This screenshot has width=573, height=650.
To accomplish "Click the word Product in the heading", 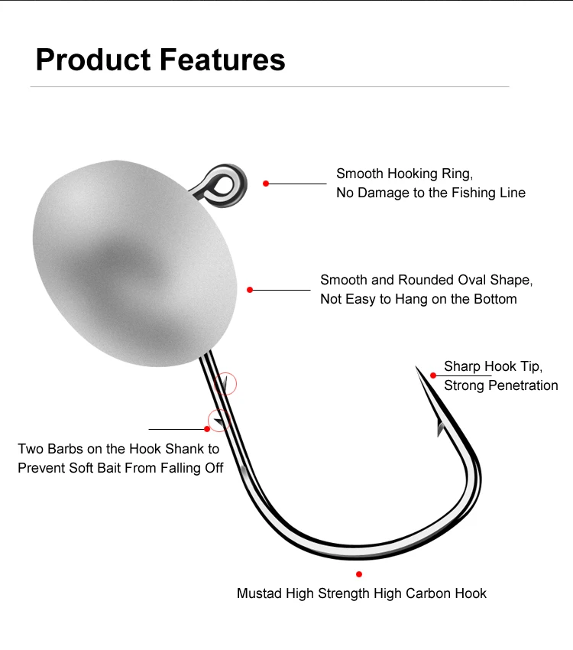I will point(92,60).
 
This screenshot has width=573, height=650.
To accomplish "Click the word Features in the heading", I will point(222,60).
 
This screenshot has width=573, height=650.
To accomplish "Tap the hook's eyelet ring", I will point(223,181).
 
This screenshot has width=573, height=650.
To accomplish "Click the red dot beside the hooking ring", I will point(266,184).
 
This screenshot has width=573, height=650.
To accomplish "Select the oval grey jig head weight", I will point(136,260).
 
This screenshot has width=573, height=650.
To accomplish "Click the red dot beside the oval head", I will point(250,290).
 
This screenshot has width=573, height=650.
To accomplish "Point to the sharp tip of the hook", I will point(418,370).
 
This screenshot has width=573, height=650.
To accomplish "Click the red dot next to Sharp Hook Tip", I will point(433,375).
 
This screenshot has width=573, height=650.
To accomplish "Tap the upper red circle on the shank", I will point(225,382).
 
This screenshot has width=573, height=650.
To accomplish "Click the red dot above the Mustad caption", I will point(359,574).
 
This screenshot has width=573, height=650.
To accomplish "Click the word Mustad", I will point(258,593).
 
